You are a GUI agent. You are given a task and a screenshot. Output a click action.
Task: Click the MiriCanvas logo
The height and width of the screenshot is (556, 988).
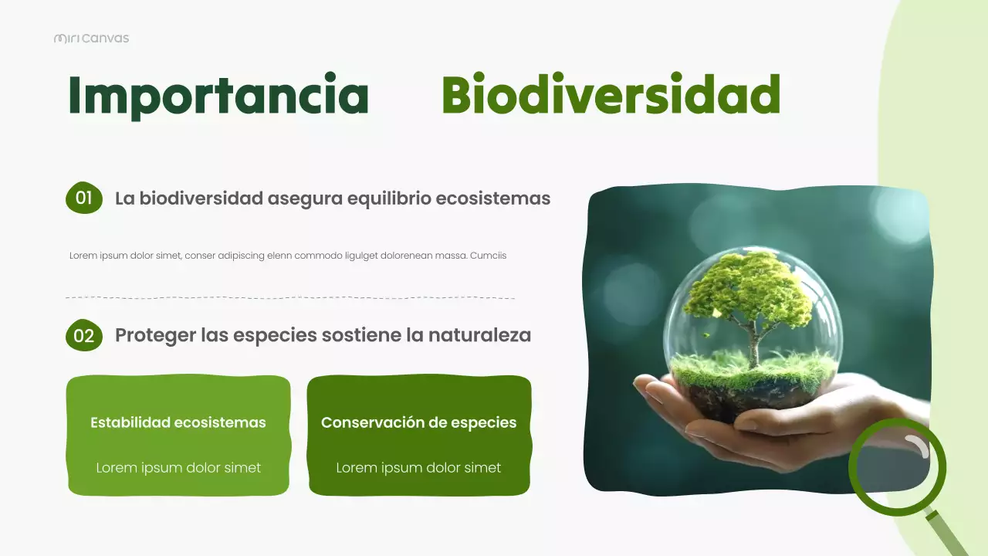click(x=91, y=38)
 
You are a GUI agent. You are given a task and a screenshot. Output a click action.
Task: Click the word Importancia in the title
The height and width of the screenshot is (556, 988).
click(x=218, y=96)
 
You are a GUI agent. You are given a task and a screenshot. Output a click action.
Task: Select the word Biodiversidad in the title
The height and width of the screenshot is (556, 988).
click(x=611, y=96)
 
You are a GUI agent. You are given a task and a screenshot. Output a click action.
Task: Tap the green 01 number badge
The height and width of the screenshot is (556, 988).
click(x=84, y=198)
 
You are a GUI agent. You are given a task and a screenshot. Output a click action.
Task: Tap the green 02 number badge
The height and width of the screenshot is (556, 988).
click(x=84, y=336)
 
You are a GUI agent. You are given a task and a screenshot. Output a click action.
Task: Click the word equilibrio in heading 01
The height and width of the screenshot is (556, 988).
click(x=389, y=198)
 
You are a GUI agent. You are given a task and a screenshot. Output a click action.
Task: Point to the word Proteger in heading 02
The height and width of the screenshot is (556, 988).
click(x=154, y=336)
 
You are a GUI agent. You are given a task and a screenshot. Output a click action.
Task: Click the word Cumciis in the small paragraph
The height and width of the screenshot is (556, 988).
click(x=488, y=256)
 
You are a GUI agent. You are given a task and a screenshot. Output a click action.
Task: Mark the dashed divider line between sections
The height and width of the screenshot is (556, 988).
click(x=290, y=297)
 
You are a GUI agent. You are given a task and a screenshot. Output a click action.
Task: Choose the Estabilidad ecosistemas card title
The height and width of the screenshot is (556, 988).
click(x=178, y=422)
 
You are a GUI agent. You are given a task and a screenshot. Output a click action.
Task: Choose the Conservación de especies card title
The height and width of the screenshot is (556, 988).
click(x=418, y=422)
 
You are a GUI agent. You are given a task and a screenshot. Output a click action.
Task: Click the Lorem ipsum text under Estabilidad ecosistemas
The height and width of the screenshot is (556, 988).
click(x=178, y=468)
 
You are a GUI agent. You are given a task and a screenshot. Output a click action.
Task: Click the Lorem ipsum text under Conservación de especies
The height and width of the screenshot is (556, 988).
click(x=418, y=468)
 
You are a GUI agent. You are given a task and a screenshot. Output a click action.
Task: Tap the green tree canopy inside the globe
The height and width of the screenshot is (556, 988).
click(x=745, y=290)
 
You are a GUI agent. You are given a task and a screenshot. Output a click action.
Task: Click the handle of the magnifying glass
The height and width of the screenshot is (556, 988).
click(x=949, y=533)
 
